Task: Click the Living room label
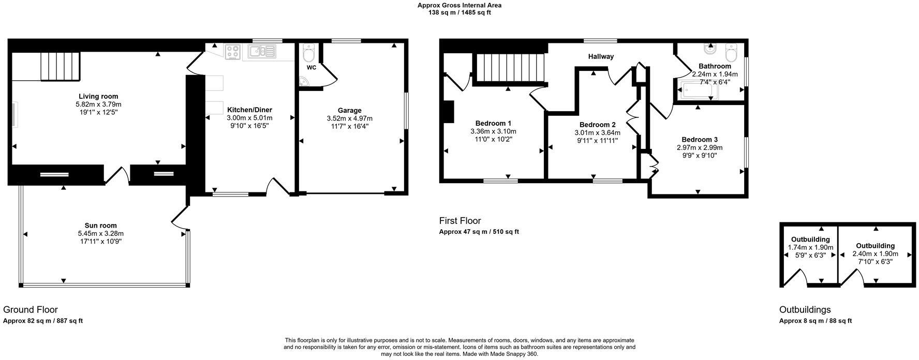98,96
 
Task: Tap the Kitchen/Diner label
249,110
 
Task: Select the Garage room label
349,110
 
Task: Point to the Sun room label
100,226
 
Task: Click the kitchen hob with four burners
233,52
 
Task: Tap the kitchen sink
262,51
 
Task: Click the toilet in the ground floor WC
309,52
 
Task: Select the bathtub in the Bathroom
698,91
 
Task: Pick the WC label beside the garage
312,68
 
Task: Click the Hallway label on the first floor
600,56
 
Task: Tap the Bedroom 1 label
493,123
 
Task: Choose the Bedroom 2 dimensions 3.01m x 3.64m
597,133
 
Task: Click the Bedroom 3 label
699,140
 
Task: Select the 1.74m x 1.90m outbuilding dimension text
810,248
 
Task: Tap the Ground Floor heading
31,310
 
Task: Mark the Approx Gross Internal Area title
459,5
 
